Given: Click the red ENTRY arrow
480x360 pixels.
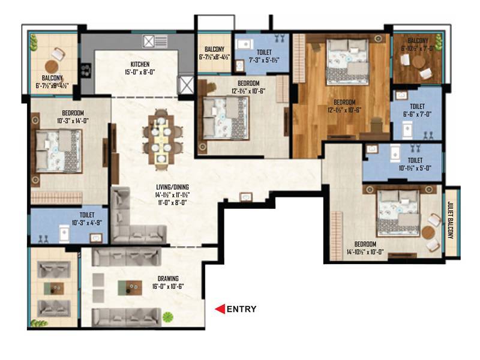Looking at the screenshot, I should (220, 309).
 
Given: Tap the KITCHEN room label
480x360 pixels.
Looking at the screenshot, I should (140, 64).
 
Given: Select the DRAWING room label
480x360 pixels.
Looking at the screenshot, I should (168, 279).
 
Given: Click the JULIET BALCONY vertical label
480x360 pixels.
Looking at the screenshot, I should (451, 220).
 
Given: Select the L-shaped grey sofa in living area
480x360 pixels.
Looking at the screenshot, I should (132, 219).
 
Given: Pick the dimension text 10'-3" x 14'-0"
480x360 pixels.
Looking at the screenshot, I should (72, 120).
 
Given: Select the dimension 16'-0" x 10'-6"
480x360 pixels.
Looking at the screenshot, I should (168, 286).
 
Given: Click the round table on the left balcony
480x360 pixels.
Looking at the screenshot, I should (52, 66).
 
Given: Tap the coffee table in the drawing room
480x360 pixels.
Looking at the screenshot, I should (130, 287).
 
